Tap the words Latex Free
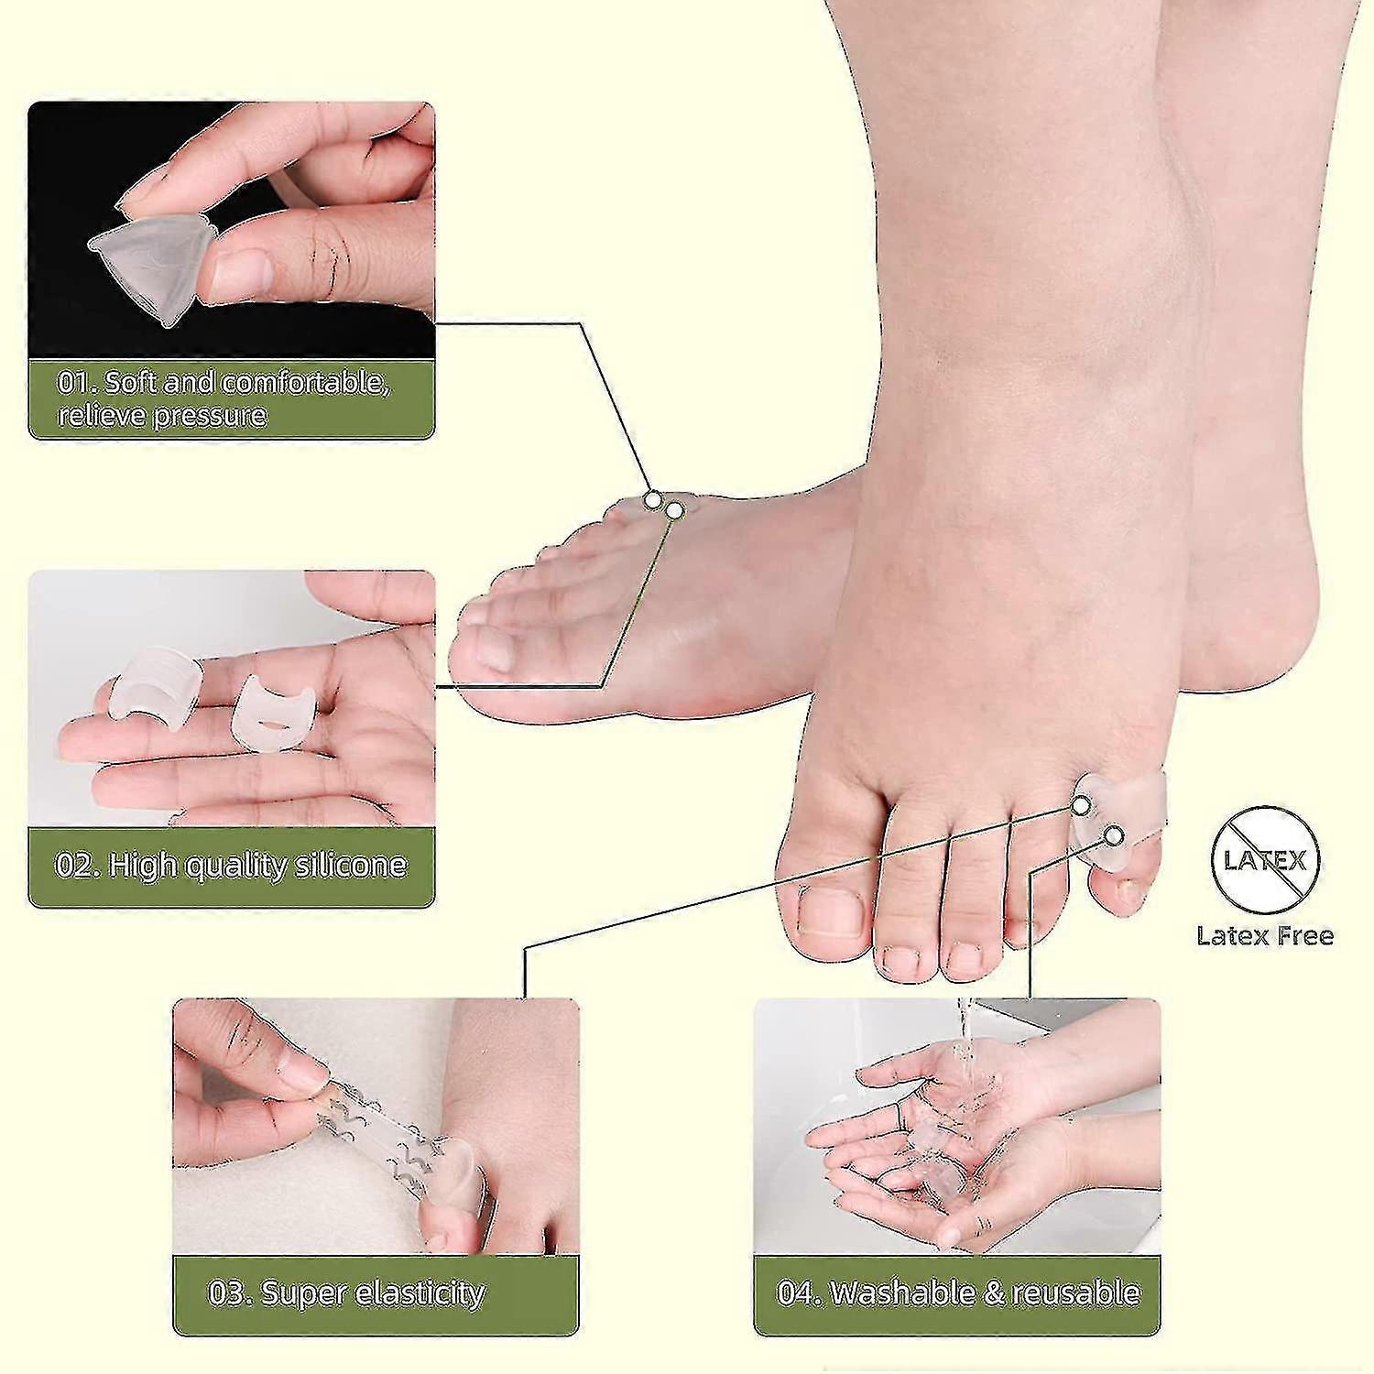[x=1265, y=935]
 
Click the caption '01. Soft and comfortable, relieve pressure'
[x=225, y=398]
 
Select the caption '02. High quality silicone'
[x=231, y=866]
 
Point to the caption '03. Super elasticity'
[x=346, y=1292]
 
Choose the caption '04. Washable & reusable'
[x=958, y=1292]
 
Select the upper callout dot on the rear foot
[x=652, y=500]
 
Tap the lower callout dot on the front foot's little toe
[x=1114, y=834]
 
